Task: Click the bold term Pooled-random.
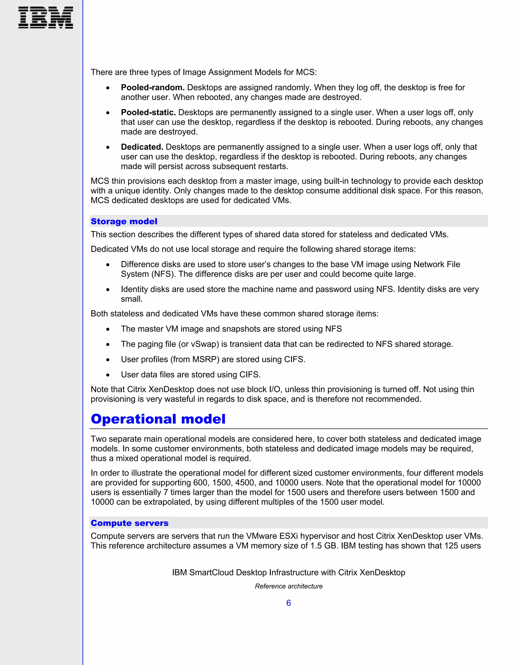(x=153, y=87)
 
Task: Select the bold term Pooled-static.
(x=148, y=112)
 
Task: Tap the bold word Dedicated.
(x=142, y=147)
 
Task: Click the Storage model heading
(x=124, y=221)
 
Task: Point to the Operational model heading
(x=158, y=419)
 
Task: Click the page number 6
(x=288, y=603)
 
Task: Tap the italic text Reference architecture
(x=288, y=586)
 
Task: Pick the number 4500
(x=245, y=483)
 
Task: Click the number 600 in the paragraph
(x=200, y=483)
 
